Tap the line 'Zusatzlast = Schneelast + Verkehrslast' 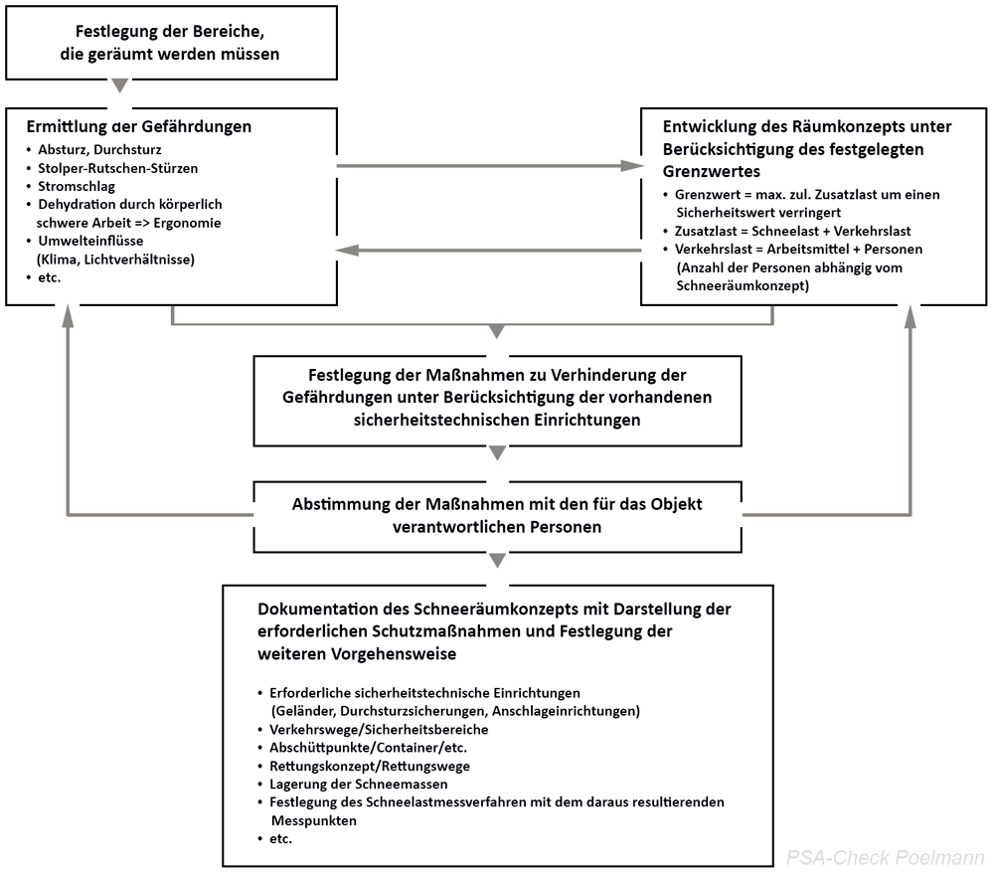tap(792, 231)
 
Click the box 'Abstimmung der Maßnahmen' tap(498, 515)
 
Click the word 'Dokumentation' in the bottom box tap(310, 608)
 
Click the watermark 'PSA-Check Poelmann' tap(884, 856)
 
